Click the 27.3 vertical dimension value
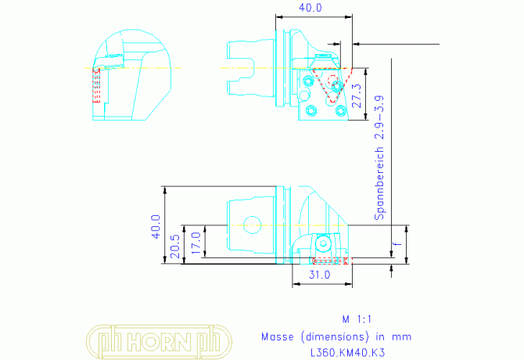click(x=357, y=95)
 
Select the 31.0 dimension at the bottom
click(x=319, y=275)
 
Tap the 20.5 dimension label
click(x=175, y=247)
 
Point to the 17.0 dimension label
click(x=196, y=243)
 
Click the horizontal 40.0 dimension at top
click(x=310, y=8)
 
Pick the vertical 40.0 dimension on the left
click(x=156, y=227)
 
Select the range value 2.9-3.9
click(x=379, y=117)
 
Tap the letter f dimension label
click(x=397, y=243)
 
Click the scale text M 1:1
click(x=357, y=319)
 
